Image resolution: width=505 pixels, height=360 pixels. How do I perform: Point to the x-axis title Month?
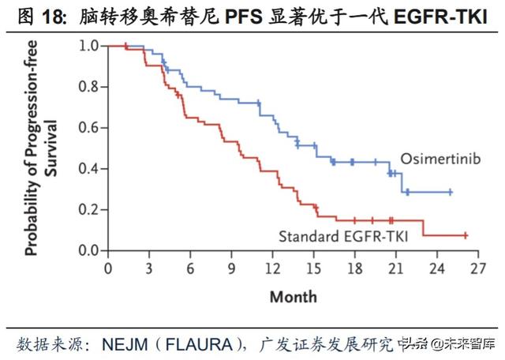[x=293, y=297]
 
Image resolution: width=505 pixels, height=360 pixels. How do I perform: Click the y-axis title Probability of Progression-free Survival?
[x=39, y=148]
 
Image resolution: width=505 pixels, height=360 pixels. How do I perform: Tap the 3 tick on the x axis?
[x=148, y=268]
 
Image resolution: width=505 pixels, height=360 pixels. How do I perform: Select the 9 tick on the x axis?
[x=230, y=268]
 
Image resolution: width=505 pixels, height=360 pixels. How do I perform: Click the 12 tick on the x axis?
[x=272, y=268]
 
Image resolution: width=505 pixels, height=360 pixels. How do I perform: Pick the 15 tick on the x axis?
[x=313, y=268]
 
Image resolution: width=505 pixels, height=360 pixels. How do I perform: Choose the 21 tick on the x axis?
[x=395, y=268]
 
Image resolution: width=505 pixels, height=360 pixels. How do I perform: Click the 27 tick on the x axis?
[x=478, y=268]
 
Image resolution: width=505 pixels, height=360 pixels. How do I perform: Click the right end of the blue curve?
[x=451, y=192]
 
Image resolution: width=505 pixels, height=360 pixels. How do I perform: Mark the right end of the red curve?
[x=465, y=235]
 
